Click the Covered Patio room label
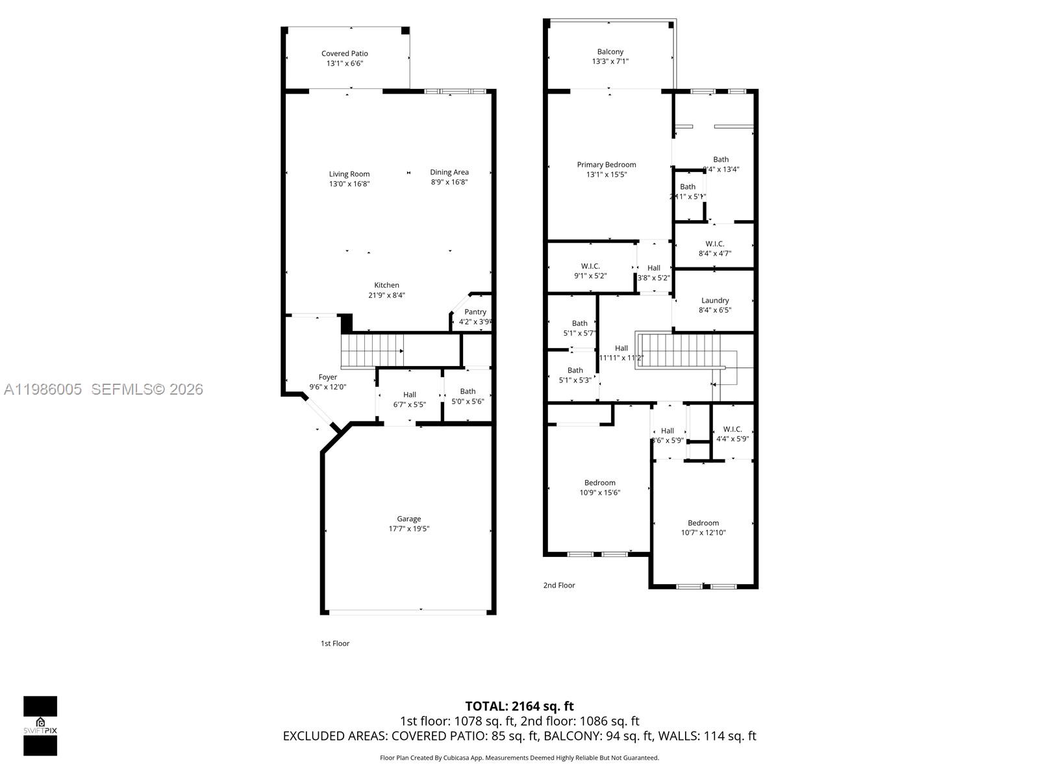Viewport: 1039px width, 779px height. click(344, 54)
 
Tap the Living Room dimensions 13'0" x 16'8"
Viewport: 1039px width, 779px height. click(349, 184)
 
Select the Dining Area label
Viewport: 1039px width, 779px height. click(449, 172)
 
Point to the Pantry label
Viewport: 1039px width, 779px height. click(475, 312)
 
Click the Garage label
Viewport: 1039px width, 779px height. click(409, 519)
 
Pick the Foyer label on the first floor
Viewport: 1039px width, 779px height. click(328, 377)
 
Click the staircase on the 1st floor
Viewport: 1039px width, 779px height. click(372, 351)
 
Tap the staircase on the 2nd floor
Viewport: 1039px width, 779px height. click(679, 351)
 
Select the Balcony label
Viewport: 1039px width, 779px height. click(610, 52)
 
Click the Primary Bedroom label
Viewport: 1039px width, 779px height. click(607, 165)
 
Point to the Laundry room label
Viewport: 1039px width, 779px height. click(715, 301)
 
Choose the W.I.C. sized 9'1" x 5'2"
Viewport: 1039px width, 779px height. click(590, 271)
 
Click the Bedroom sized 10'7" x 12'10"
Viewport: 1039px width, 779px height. click(703, 528)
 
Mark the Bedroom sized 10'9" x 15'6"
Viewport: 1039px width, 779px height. click(599, 488)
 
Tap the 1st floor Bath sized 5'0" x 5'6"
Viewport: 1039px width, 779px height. click(468, 396)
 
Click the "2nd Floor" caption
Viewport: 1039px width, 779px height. click(559, 585)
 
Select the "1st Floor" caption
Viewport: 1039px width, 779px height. click(335, 643)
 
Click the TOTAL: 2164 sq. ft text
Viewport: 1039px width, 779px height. click(519, 706)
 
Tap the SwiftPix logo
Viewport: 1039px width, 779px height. click(40, 726)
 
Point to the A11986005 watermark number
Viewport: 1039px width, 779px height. click(43, 389)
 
